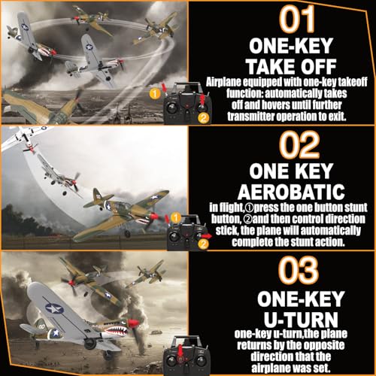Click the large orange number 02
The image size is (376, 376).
click(x=299, y=144)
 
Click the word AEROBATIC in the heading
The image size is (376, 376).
click(x=291, y=192)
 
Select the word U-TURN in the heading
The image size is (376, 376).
click(x=301, y=320)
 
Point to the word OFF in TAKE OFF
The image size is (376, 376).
click(x=318, y=66)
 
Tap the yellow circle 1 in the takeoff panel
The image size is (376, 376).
click(x=155, y=93)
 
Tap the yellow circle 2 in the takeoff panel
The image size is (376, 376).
click(x=203, y=118)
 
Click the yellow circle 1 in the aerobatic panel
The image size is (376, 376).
click(x=176, y=218)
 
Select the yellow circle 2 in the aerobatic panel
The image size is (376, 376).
click(x=203, y=244)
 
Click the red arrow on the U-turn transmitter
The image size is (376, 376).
click(x=180, y=351)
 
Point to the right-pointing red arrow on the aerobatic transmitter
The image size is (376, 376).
click(x=207, y=236)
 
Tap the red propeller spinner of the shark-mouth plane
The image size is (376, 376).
click(x=132, y=323)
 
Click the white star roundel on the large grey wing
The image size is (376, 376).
click(x=54, y=308)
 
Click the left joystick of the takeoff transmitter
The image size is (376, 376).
click(x=172, y=108)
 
